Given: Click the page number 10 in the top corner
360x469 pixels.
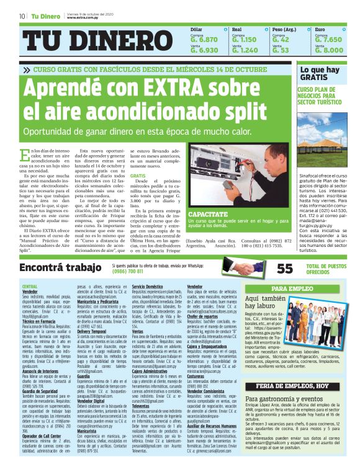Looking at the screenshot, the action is click(22, 16).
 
